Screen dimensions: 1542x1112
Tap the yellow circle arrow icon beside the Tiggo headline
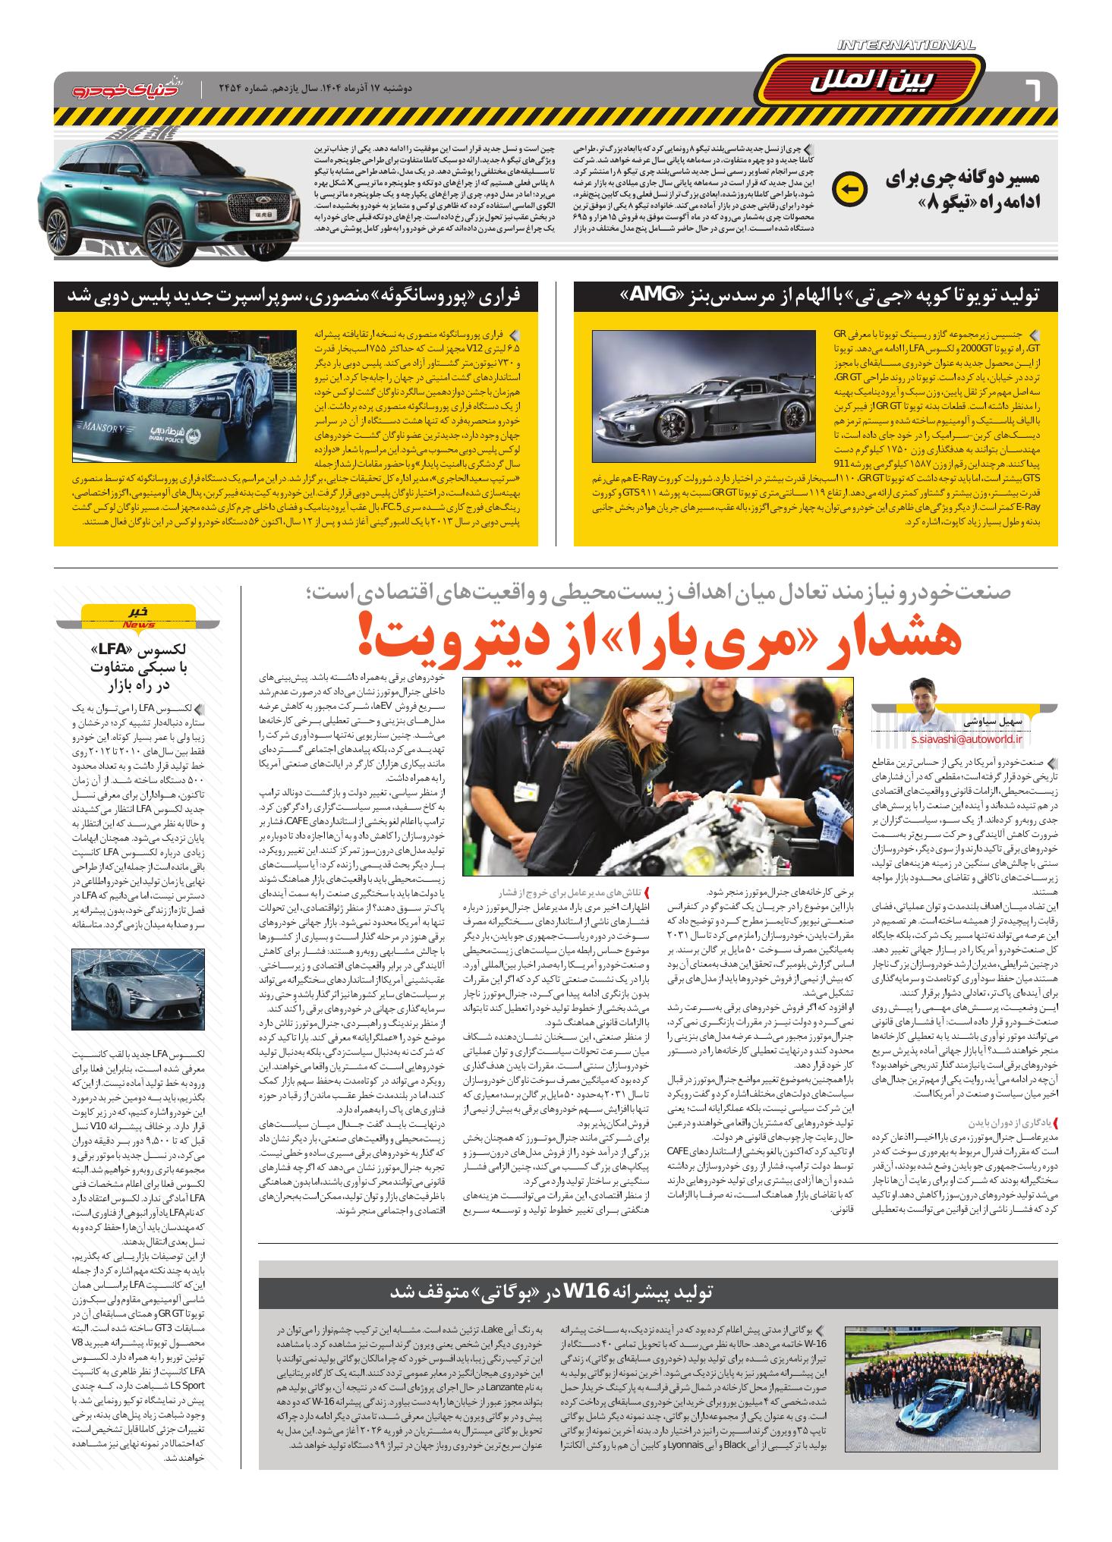[850, 190]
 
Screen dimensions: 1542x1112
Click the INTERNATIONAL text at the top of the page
[906, 45]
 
